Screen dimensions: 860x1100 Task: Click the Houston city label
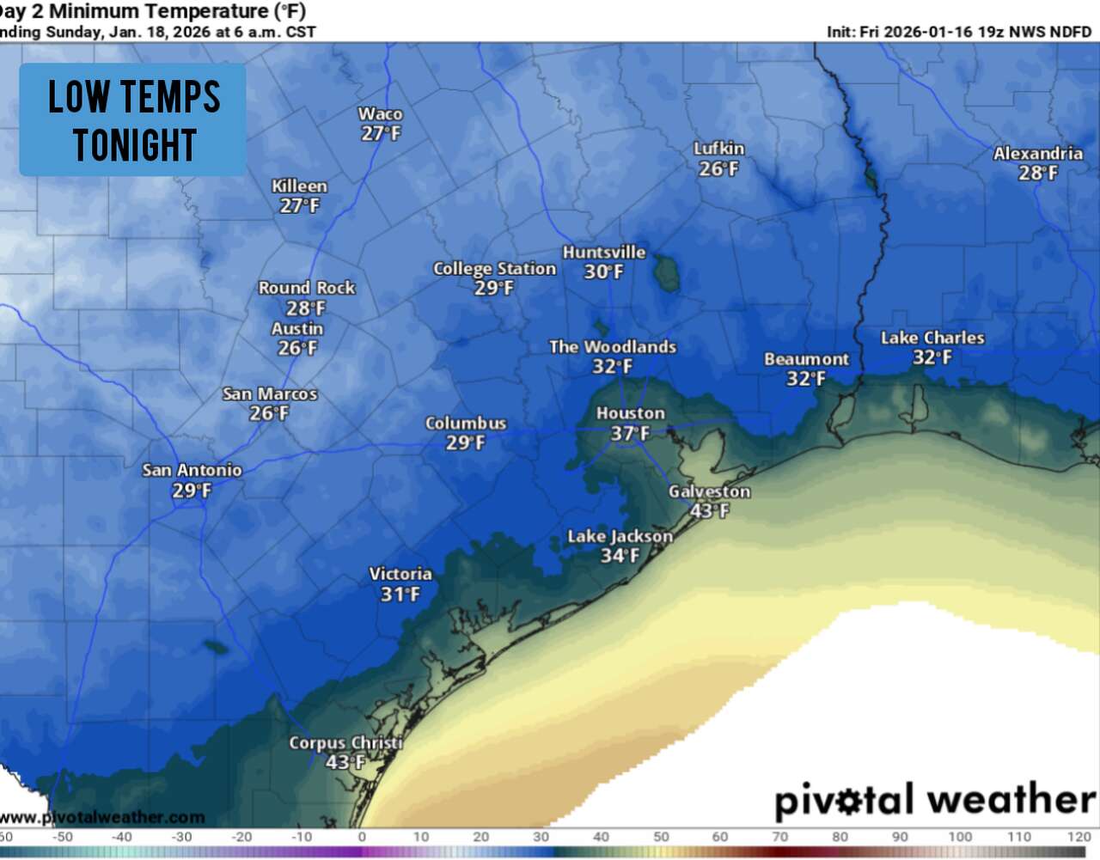(x=630, y=413)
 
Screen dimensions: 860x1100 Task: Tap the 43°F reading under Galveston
(x=709, y=511)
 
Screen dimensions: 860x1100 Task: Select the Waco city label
(x=380, y=113)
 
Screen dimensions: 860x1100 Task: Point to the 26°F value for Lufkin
(x=718, y=169)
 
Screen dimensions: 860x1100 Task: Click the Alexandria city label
(x=1037, y=154)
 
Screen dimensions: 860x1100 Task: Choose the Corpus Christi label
(x=345, y=742)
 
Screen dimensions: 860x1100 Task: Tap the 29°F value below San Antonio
(x=192, y=491)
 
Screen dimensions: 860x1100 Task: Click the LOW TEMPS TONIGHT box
(x=133, y=120)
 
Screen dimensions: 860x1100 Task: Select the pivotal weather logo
(x=934, y=799)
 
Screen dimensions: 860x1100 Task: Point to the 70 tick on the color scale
(x=779, y=837)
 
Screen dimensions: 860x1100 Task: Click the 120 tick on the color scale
(x=1079, y=837)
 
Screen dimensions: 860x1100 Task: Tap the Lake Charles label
(x=932, y=338)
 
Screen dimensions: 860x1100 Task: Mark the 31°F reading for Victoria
(x=400, y=595)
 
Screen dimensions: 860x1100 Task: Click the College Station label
(x=494, y=269)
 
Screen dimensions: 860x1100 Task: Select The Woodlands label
(x=612, y=347)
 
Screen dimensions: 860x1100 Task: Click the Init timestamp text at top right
(x=958, y=32)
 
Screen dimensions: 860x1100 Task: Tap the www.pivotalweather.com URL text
(x=103, y=817)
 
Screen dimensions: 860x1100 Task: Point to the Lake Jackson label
(x=620, y=536)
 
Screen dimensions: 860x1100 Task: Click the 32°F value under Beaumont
(x=805, y=379)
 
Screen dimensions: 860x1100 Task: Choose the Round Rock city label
(x=306, y=288)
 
